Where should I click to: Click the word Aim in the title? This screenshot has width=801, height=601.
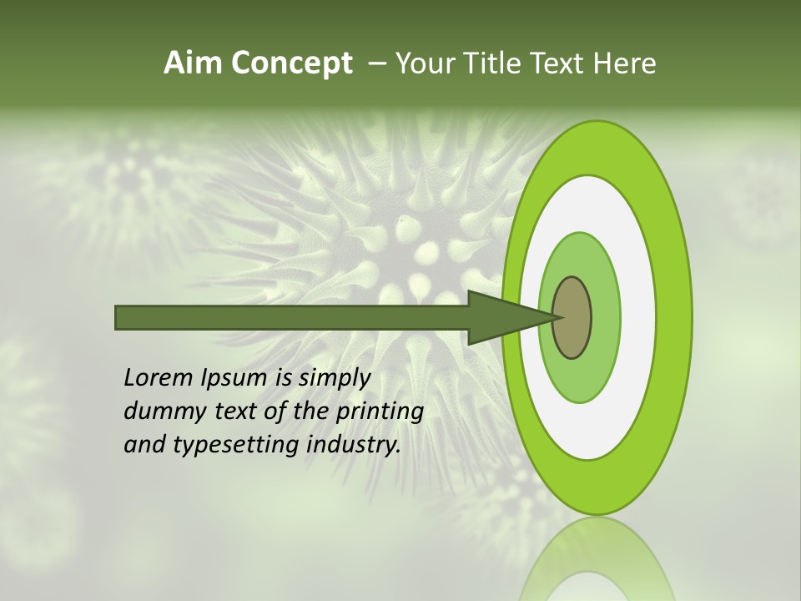tap(193, 63)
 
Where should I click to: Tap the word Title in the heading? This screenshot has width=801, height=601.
tap(501, 63)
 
